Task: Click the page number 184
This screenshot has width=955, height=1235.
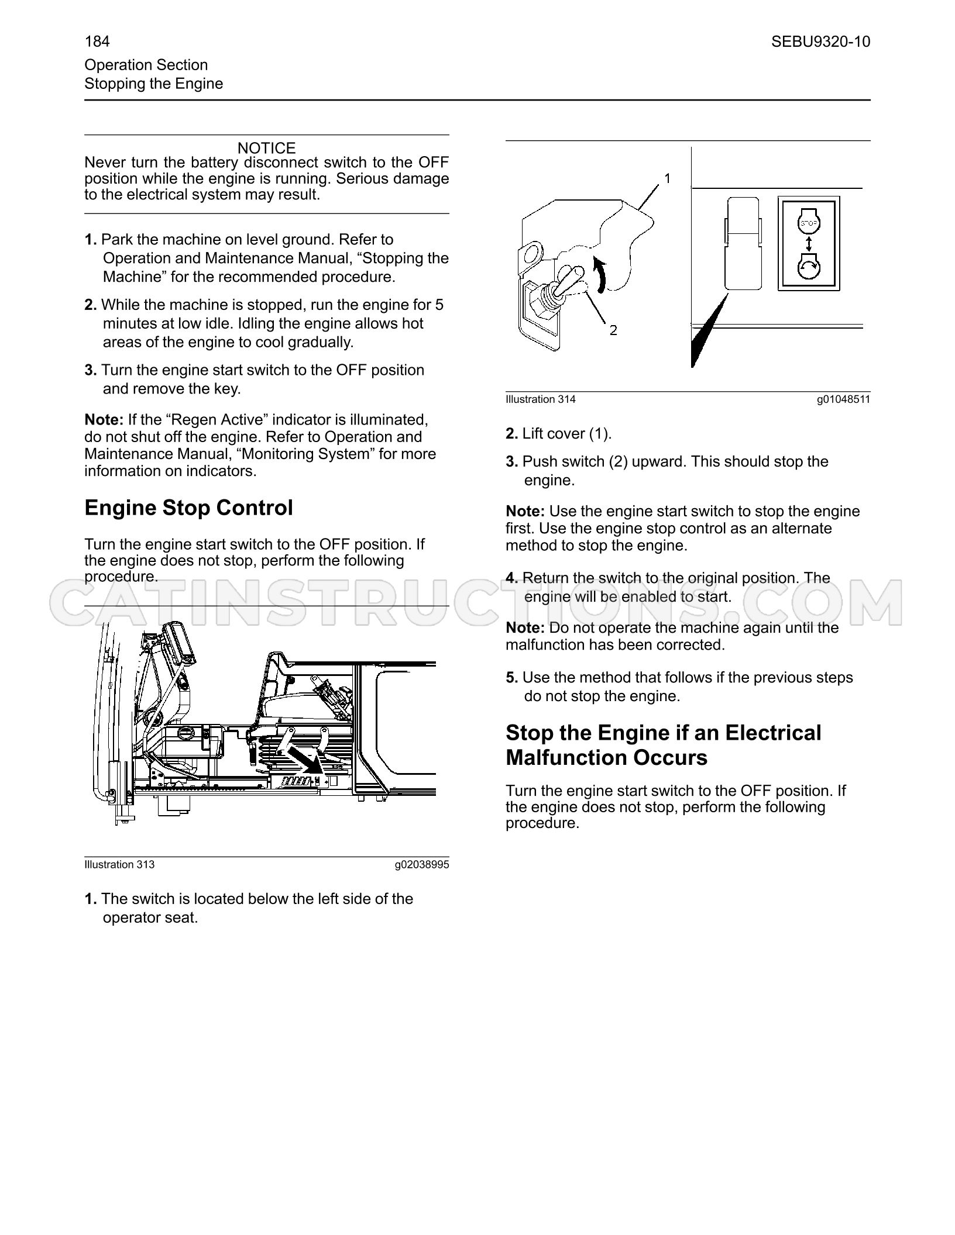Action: (x=97, y=42)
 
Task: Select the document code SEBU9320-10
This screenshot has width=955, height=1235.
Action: (x=820, y=42)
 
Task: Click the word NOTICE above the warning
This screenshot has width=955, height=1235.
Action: (x=267, y=148)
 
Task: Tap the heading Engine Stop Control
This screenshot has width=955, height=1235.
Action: (x=188, y=508)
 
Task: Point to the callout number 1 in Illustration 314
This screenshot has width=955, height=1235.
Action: (x=667, y=178)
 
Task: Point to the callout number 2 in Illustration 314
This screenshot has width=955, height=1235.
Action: (x=613, y=330)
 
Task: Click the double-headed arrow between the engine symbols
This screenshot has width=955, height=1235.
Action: (x=809, y=244)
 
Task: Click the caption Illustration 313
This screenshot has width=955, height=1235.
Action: (x=120, y=864)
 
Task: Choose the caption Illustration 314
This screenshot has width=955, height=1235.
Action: (x=541, y=399)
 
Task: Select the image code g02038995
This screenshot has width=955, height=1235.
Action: (x=422, y=864)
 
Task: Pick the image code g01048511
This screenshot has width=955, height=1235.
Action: (x=844, y=399)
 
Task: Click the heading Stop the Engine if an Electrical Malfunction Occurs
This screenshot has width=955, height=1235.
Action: (x=664, y=745)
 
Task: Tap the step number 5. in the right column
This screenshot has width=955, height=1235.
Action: (x=512, y=677)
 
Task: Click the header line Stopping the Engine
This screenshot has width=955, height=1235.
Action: (x=154, y=84)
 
